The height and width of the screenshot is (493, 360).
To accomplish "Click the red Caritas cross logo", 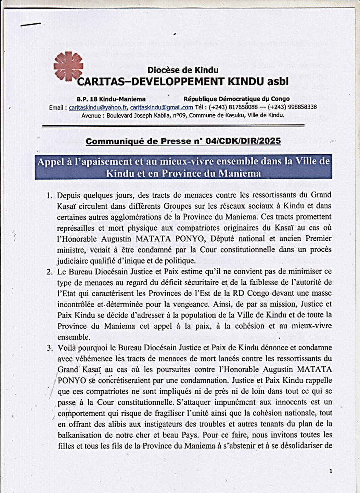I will click(68, 66).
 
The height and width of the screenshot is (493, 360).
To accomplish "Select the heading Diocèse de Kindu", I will click(183, 70).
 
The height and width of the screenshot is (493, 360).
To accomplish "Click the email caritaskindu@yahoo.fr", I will click(98, 107).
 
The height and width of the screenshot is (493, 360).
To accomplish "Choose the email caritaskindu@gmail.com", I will click(162, 107).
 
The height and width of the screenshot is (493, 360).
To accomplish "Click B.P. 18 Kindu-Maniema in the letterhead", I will click(111, 99).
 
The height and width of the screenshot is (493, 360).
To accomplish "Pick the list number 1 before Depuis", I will click(50, 195).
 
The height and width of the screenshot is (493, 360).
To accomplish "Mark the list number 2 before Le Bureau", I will click(50, 272).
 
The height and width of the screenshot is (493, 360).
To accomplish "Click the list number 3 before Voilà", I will click(50, 348).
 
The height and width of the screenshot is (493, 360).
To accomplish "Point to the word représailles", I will click(74, 228).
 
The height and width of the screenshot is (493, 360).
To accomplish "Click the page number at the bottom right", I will click(331, 471).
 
